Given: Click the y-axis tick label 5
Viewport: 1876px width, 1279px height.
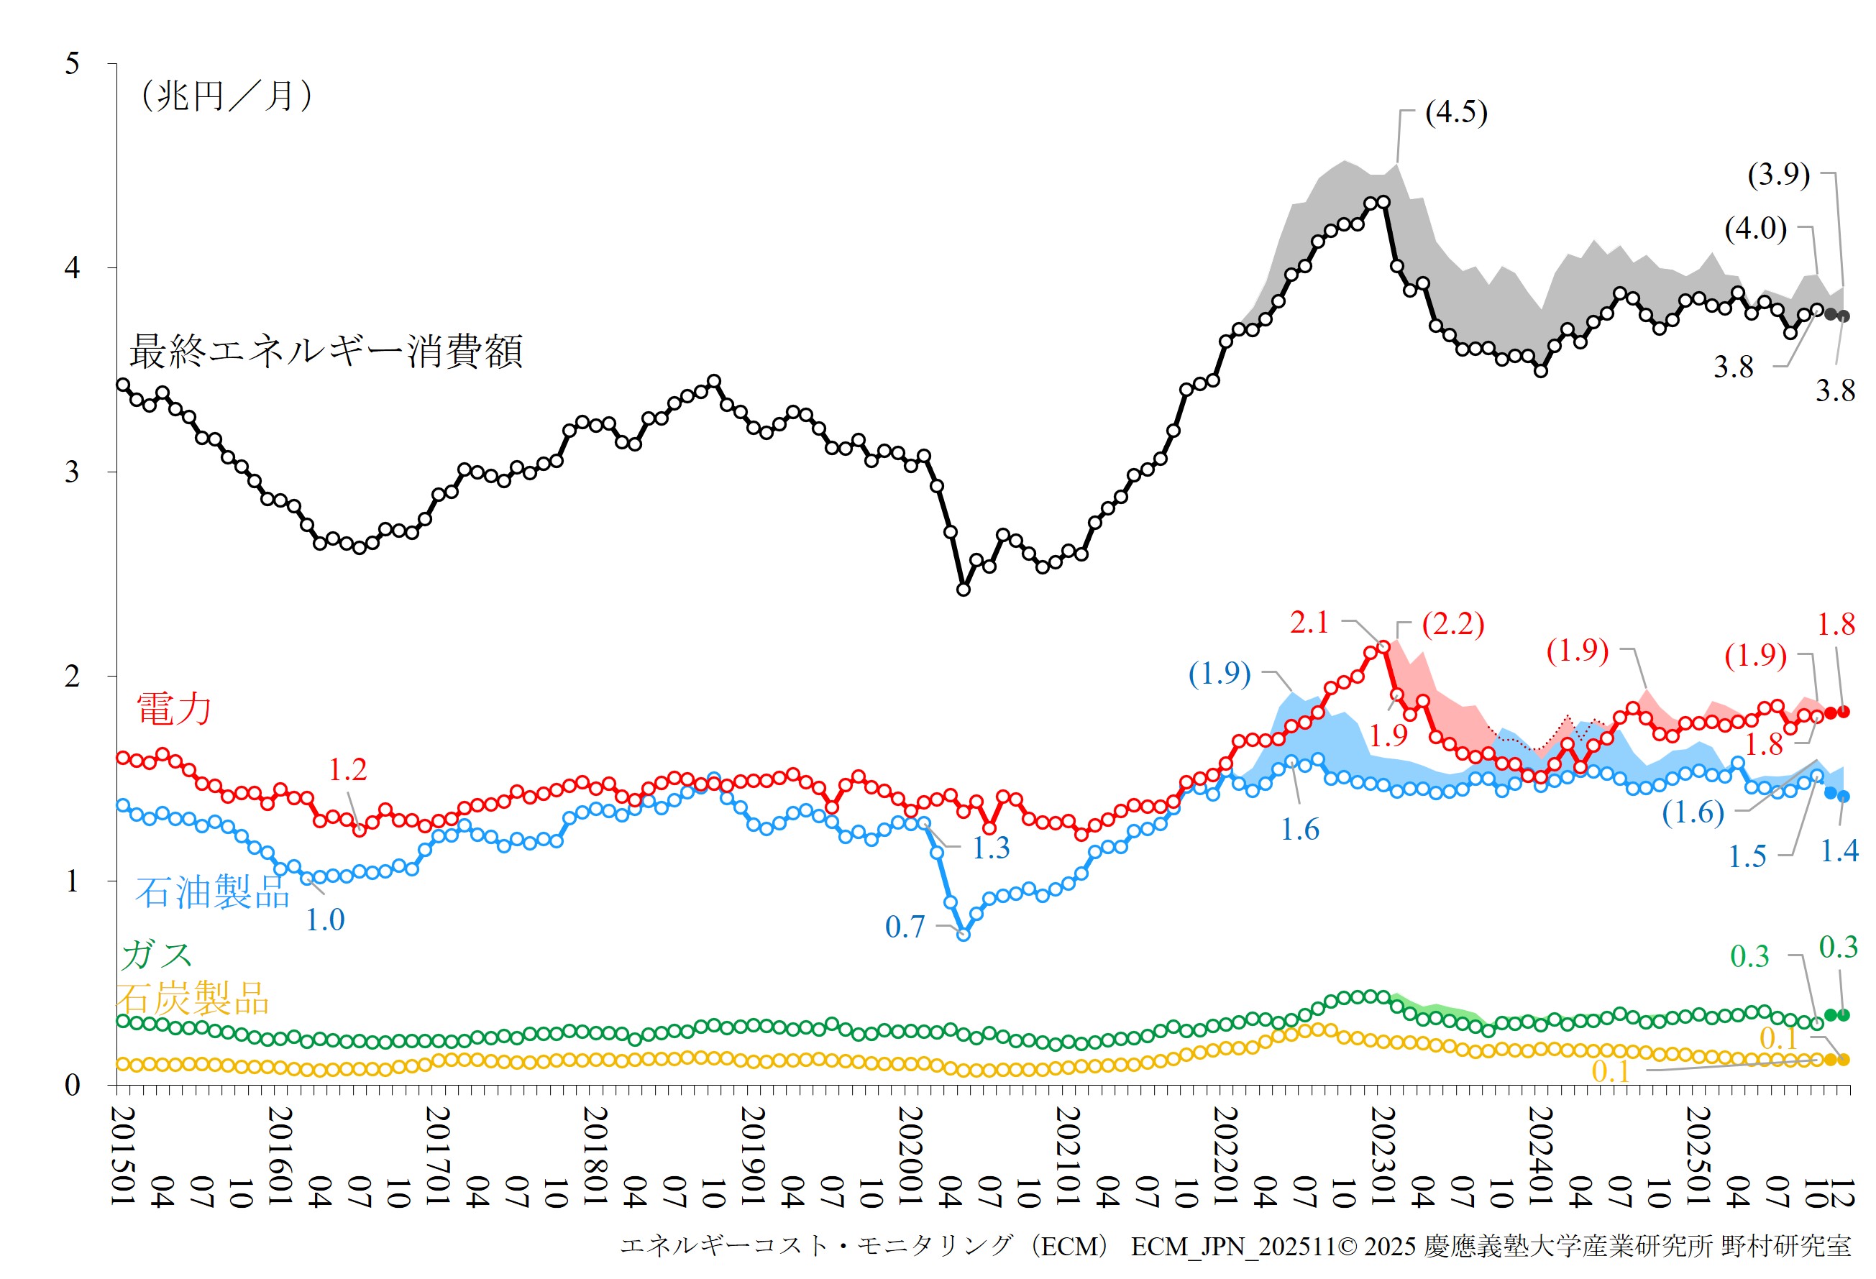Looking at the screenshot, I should click(x=72, y=63).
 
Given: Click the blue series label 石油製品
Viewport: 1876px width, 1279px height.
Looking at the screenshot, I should click(x=212, y=892).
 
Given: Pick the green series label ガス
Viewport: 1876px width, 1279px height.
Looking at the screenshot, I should click(x=157, y=956).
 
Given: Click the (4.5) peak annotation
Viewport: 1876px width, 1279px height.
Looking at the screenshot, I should click(x=1455, y=112).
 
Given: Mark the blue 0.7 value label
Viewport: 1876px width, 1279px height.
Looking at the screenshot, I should click(x=905, y=927).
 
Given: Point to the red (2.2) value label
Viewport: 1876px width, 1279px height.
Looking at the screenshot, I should click(x=1452, y=624).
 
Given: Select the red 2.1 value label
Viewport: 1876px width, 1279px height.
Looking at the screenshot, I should click(x=1309, y=622).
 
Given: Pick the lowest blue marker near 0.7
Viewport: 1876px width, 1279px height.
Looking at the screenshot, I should click(x=963, y=935).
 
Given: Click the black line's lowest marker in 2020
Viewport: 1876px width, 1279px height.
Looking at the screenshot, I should click(x=963, y=590).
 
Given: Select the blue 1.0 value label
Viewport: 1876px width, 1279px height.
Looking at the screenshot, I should click(x=324, y=920).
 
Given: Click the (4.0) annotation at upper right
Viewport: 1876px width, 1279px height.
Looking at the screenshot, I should click(x=1755, y=229).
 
